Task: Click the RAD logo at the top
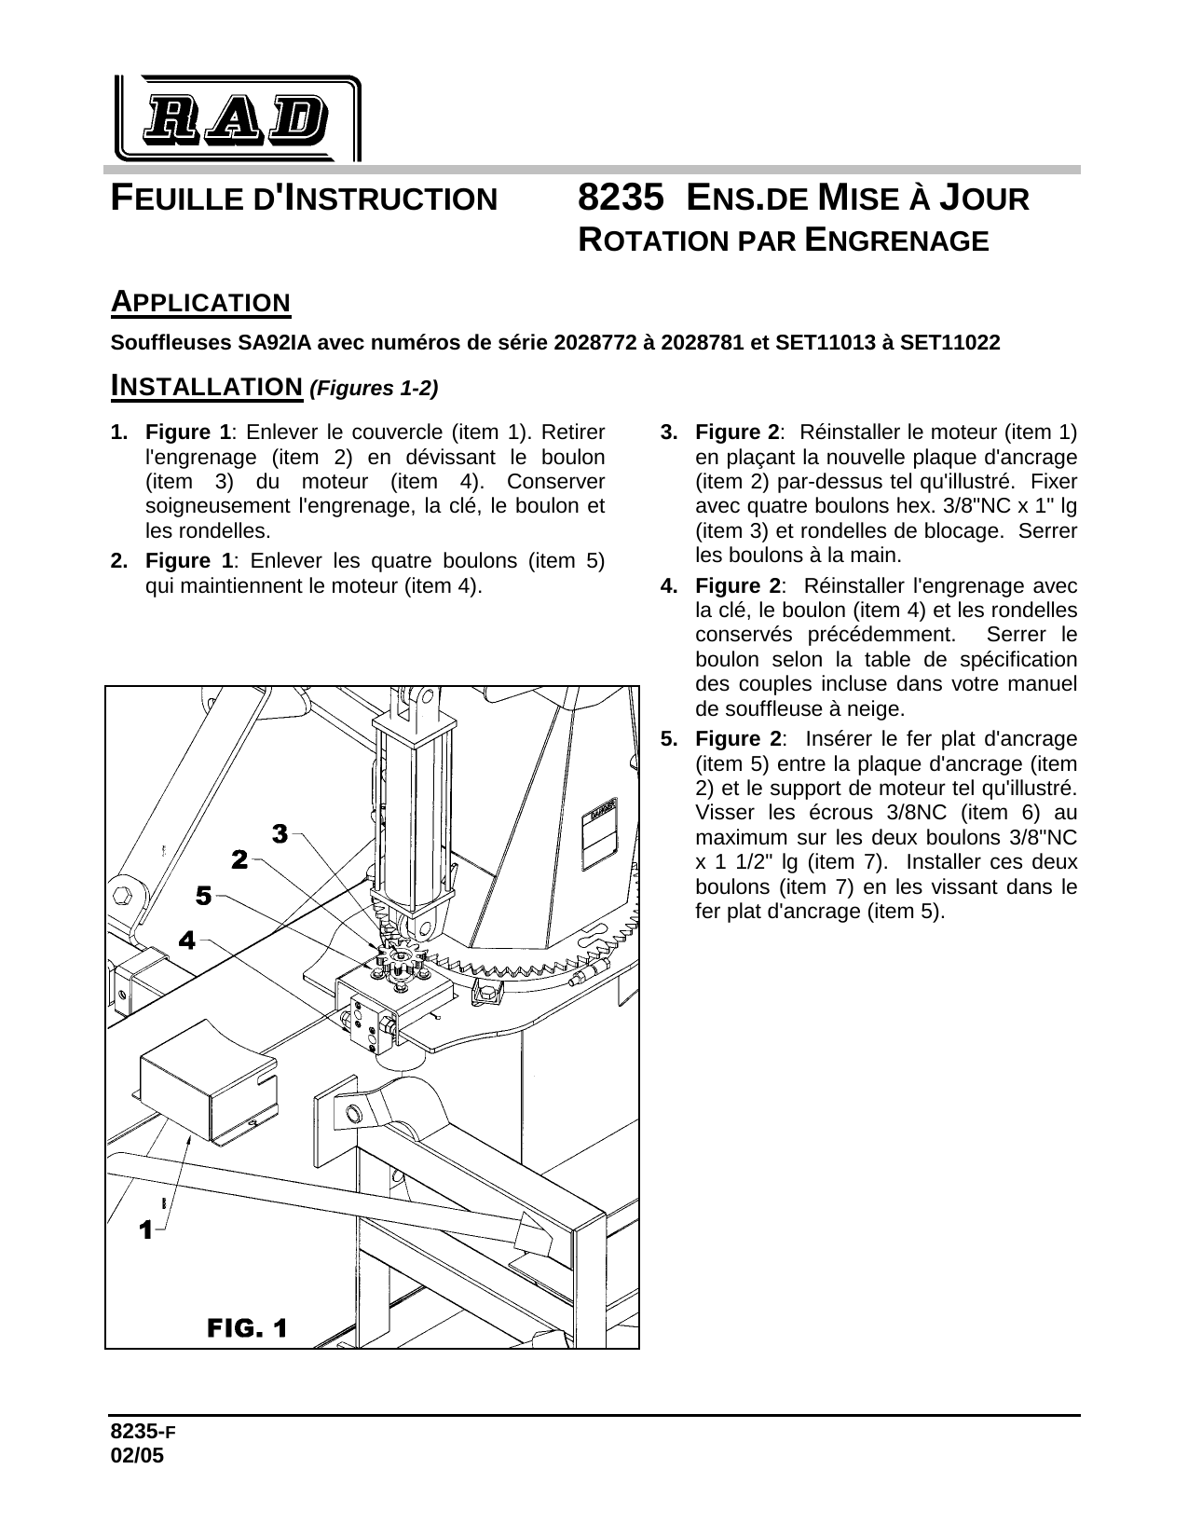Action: [237, 118]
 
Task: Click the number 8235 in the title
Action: [620, 199]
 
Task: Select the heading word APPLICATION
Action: [200, 302]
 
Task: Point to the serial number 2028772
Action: [595, 343]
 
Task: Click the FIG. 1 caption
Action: [246, 1326]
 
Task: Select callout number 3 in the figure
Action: [279, 833]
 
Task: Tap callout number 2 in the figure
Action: [239, 859]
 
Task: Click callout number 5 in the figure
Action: [202, 896]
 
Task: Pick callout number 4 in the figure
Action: [186, 941]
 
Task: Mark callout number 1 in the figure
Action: [144, 1230]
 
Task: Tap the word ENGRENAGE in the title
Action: [894, 240]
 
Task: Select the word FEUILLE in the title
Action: [175, 199]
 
